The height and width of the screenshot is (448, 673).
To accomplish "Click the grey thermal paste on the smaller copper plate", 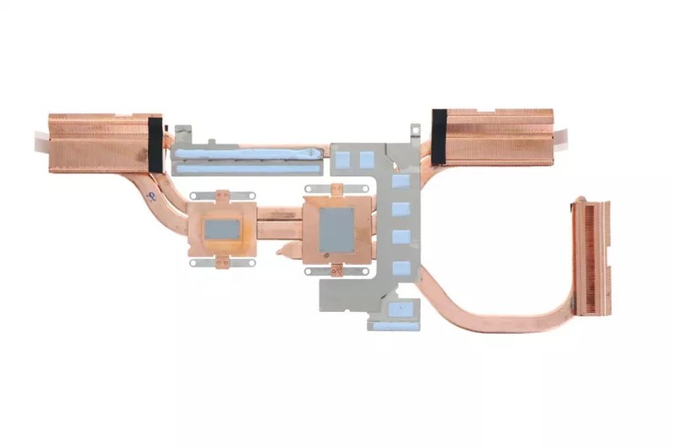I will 221,229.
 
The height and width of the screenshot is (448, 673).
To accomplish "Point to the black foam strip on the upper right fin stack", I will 438,137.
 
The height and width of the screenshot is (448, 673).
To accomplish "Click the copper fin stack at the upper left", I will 99,143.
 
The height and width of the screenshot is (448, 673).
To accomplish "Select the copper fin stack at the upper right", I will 499,137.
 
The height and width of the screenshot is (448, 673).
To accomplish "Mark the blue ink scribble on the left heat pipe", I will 152,195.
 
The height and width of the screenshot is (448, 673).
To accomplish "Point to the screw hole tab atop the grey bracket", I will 415,130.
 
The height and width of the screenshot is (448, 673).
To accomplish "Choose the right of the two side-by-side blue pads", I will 367,158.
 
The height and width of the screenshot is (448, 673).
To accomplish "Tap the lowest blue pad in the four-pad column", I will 401,267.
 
